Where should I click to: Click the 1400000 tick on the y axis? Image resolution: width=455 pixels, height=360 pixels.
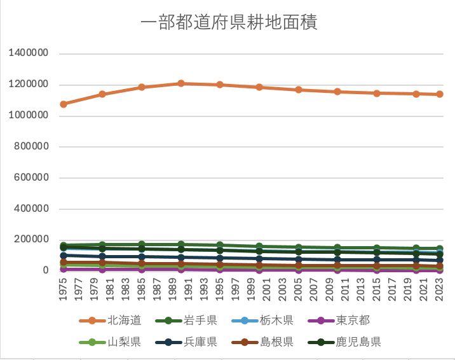(29, 54)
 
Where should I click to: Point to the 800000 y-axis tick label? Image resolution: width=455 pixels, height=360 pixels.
(31, 147)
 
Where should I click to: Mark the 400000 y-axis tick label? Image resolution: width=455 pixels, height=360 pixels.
(31, 209)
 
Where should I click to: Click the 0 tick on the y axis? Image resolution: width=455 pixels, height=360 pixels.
(45, 270)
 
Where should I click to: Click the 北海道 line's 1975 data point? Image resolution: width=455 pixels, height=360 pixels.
(64, 104)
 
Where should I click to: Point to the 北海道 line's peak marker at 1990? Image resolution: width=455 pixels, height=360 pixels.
(181, 83)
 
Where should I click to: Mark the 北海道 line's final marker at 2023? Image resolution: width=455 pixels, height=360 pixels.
(439, 94)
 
